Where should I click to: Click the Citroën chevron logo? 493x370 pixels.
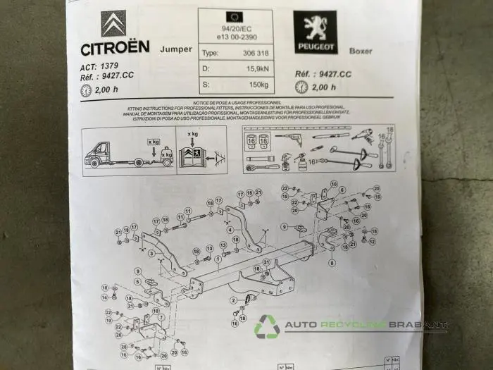[x=114, y=23]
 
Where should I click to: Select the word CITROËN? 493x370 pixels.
[x=115, y=48]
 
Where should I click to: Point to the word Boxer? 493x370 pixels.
[x=360, y=51]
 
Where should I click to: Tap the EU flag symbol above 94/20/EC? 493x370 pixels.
[x=234, y=16]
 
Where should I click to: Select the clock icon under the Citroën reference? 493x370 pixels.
[x=86, y=90]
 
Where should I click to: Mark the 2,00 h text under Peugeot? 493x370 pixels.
[x=325, y=87]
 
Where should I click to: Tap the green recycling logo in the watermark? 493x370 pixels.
[x=268, y=326]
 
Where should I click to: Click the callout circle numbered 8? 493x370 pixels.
[x=332, y=262]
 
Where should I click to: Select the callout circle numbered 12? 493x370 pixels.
[x=372, y=242]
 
